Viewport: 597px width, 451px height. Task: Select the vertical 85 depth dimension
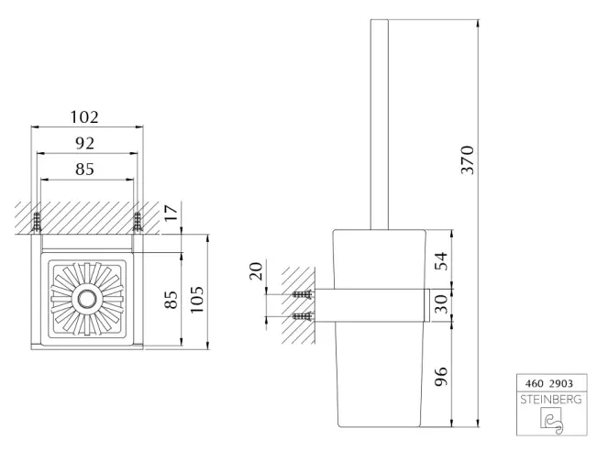171,299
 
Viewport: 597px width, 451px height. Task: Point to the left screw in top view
38,222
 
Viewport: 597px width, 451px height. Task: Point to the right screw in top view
138,222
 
